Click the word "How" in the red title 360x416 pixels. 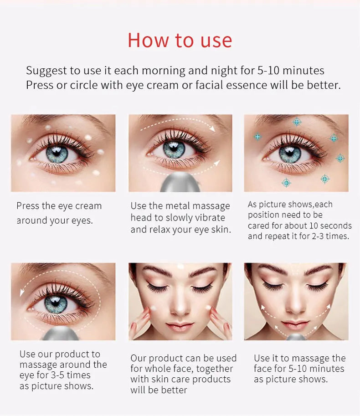[x=148, y=41]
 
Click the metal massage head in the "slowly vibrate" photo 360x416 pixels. [x=180, y=182]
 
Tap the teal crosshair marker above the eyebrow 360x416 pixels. [x=297, y=122]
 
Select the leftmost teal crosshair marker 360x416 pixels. [x=257, y=137]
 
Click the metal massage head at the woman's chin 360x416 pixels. [x=296, y=337]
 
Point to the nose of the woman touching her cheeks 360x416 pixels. [x=180, y=308]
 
